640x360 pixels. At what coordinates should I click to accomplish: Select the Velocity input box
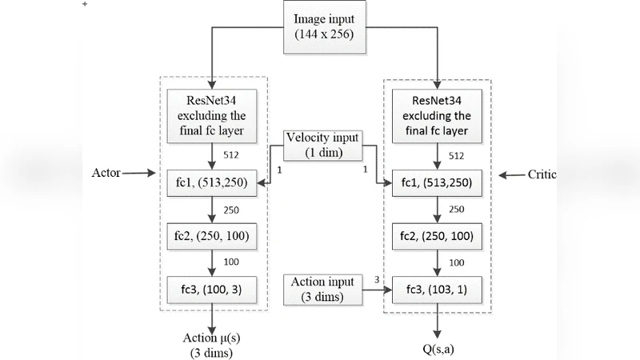[324, 145]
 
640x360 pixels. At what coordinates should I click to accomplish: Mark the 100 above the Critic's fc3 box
[456, 262]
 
